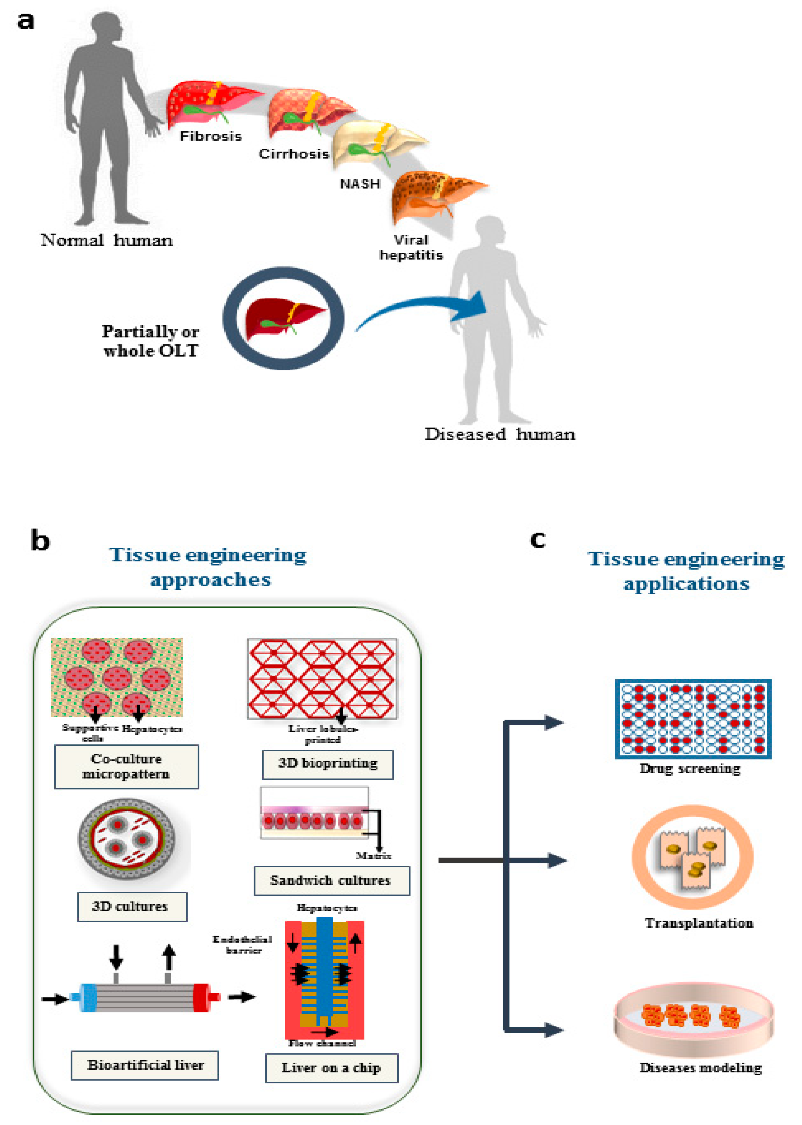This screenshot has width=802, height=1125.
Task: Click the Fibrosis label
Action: pos(211,136)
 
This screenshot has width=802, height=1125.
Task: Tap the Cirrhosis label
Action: pos(294,154)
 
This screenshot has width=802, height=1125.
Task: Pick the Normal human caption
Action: pos(107,241)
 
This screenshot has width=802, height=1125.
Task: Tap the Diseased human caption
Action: pos(500,434)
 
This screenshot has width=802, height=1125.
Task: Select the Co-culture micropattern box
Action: pos(126,766)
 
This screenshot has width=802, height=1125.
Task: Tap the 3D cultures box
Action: pos(132,907)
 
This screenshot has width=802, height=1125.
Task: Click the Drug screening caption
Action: pos(690,769)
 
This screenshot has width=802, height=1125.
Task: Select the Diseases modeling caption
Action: pos(700,1068)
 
